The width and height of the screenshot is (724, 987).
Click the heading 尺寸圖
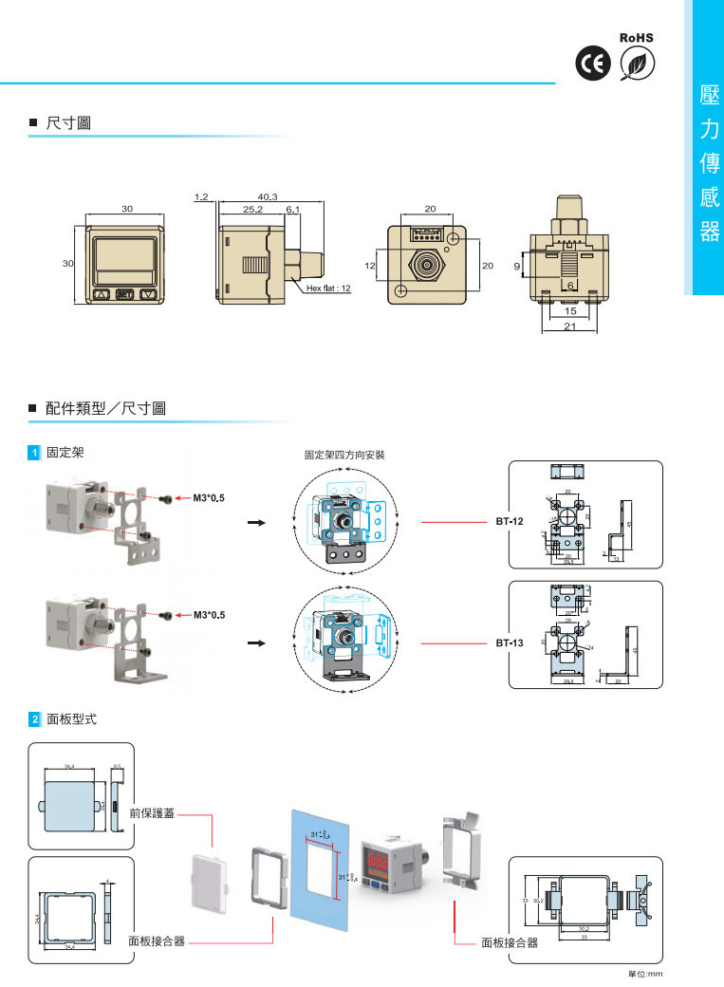[68, 123]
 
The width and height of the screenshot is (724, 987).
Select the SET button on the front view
[124, 294]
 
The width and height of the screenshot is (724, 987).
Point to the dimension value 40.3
[267, 196]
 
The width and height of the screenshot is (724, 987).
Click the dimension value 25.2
[252, 208]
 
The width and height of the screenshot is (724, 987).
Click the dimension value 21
[569, 326]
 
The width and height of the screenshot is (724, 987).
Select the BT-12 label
[510, 521]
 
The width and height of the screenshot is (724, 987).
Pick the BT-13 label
[510, 642]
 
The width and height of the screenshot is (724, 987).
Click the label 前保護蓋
[151, 813]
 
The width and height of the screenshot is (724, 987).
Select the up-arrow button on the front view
[102, 294]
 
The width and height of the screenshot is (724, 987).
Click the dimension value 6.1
[292, 208]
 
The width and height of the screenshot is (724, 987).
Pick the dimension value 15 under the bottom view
[569, 310]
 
